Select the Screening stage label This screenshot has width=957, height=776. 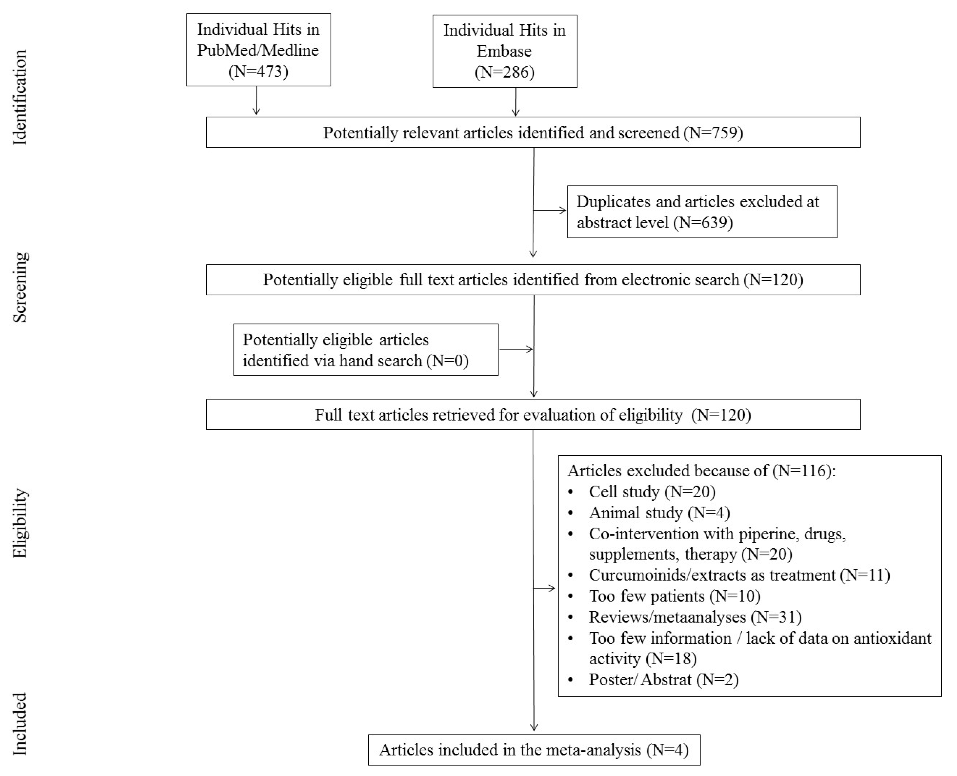(20, 287)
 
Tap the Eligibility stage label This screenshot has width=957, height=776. (20, 523)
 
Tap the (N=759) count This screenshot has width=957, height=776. (713, 133)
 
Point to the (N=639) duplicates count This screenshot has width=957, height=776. (706, 222)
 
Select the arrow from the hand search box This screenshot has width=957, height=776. (516, 349)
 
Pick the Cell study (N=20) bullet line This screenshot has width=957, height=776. (652, 492)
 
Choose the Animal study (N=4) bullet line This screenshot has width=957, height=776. (659, 513)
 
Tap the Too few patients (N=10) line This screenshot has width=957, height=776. (674, 596)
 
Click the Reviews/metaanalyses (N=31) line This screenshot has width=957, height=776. (695, 617)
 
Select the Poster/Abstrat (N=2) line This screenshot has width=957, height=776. (664, 679)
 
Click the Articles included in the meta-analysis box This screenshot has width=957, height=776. (534, 750)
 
